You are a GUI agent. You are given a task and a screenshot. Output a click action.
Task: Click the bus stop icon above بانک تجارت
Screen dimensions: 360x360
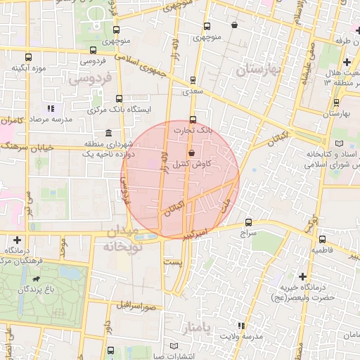[x=193, y=119]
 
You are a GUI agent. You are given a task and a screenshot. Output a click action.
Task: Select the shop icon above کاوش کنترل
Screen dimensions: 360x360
[x=191, y=153]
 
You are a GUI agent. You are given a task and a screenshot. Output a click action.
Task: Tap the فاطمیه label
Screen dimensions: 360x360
[x=325, y=249]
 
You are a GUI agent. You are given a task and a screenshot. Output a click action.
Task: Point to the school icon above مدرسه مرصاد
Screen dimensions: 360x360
[x=50, y=108]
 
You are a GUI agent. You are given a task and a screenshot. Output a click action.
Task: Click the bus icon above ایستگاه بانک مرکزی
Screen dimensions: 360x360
[x=118, y=98]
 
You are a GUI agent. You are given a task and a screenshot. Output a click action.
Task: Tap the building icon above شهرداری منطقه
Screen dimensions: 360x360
[x=108, y=133]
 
